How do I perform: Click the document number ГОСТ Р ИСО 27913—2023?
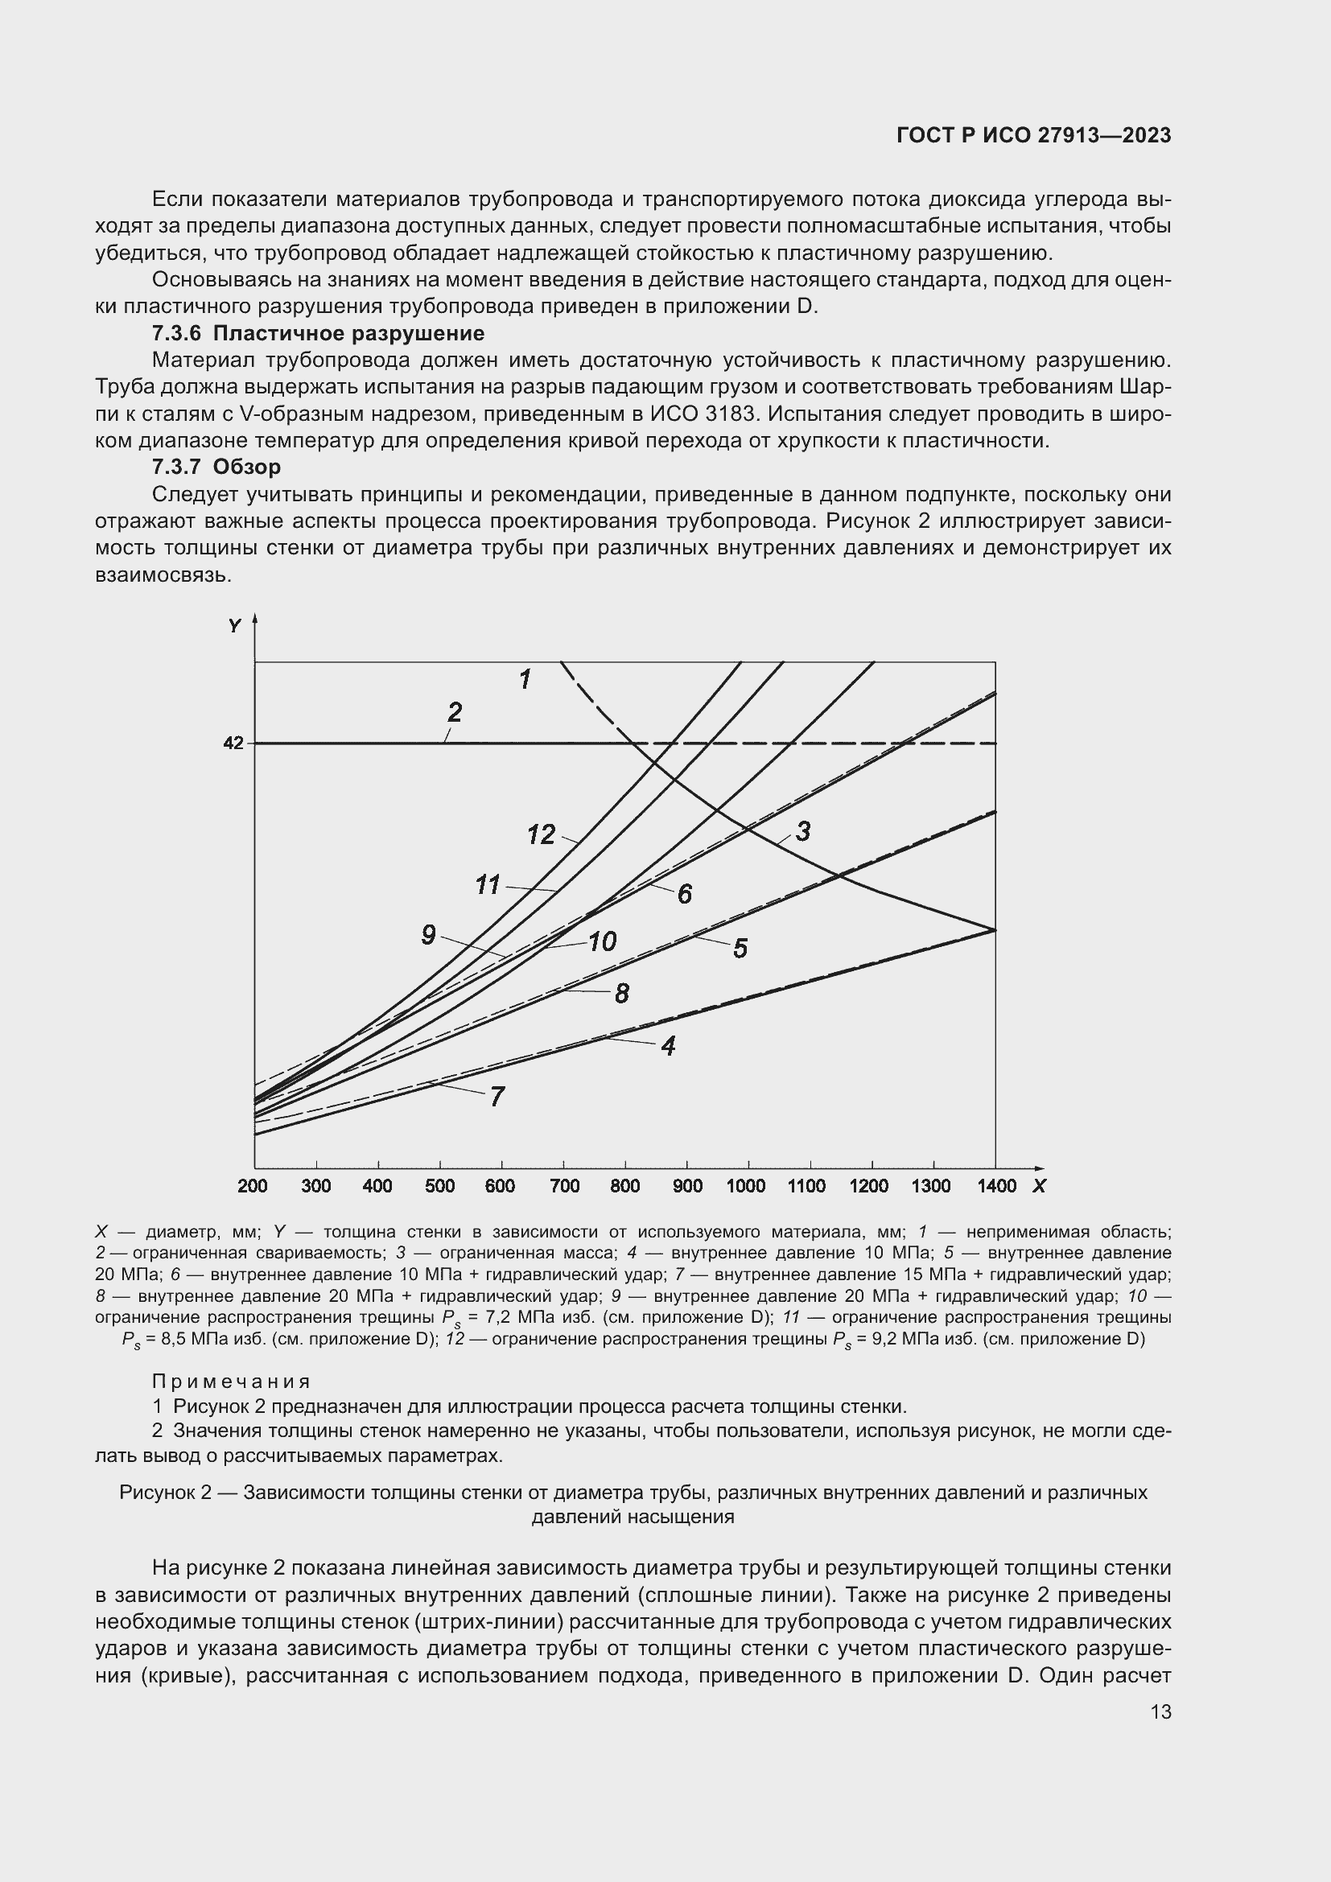point(1033,135)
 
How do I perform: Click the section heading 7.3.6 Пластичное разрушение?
point(318,334)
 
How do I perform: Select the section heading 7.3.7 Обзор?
point(216,467)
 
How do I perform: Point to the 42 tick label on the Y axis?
point(233,743)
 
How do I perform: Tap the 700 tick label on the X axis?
point(564,1186)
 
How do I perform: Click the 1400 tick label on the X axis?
point(995,1186)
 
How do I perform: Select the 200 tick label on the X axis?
point(253,1186)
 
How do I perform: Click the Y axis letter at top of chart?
point(235,626)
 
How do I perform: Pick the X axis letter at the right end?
point(1039,1186)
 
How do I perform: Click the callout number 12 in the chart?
point(541,834)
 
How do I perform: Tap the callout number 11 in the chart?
point(488,885)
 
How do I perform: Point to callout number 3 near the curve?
point(803,831)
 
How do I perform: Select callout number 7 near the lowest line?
point(497,1097)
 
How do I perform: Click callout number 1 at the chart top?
point(525,679)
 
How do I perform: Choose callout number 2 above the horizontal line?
point(454,711)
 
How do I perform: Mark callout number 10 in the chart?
point(603,941)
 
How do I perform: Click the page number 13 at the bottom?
point(1160,1712)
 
